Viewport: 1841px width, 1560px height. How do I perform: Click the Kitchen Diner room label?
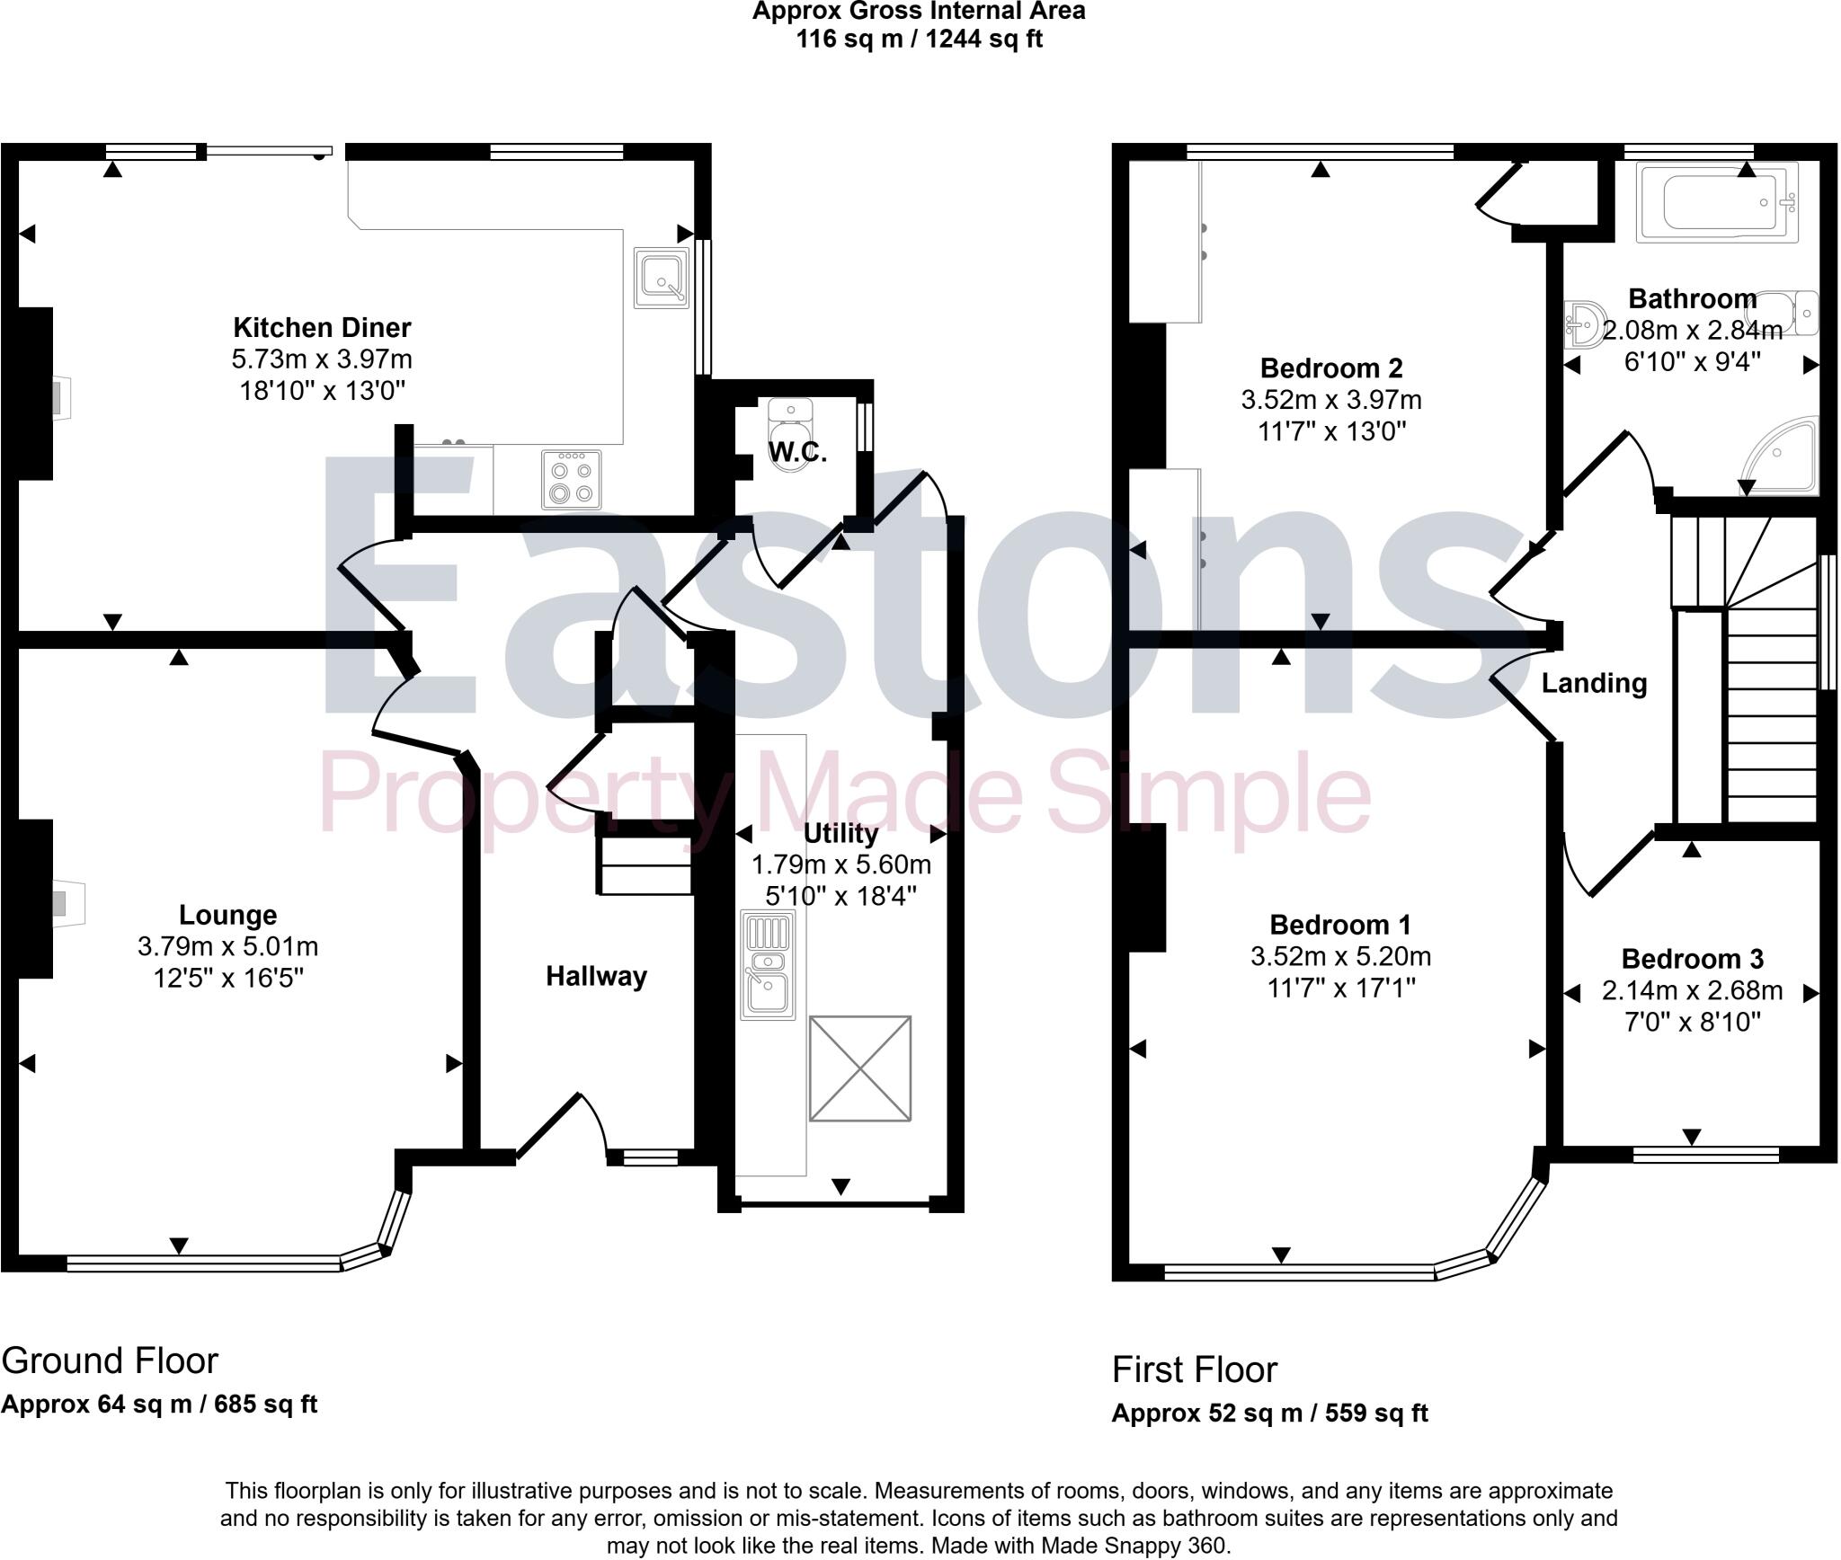coord(322,327)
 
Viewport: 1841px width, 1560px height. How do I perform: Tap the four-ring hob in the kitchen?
coord(572,480)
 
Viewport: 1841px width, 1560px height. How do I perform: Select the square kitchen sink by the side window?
coord(661,278)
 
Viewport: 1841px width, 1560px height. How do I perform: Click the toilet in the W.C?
coord(791,430)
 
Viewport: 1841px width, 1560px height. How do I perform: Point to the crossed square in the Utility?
coord(859,1068)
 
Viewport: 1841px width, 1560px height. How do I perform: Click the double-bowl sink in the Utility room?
coord(767,965)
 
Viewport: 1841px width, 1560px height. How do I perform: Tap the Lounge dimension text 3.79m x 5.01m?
coord(227,946)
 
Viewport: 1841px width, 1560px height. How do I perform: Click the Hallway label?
coord(596,976)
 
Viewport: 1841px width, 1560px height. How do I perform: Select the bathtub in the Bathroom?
coord(1716,203)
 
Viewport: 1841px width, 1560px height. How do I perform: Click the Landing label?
coord(1594,684)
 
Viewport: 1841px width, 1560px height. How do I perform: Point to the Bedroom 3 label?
coord(1692,959)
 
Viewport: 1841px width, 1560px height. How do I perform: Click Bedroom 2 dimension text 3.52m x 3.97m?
coord(1330,400)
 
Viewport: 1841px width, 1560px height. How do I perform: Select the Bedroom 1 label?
coord(1339,925)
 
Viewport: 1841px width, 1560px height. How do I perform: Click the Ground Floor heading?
coord(110,1361)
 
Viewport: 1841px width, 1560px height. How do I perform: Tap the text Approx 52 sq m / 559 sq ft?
coord(1269,1414)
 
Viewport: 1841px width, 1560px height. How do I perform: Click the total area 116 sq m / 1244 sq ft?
coord(919,40)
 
